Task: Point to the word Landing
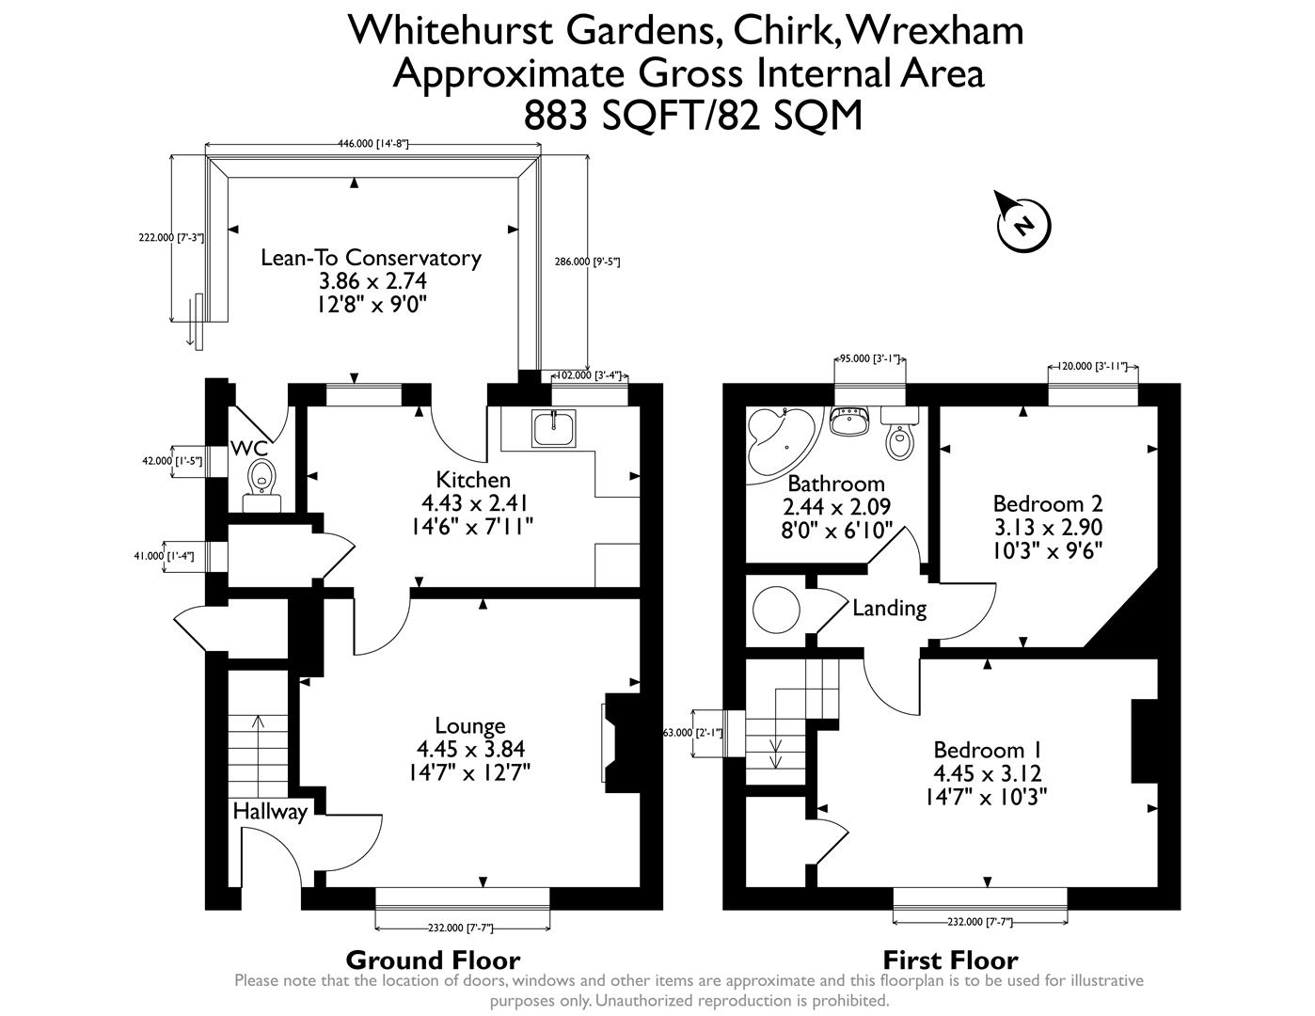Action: point(889,609)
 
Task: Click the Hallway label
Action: point(270,811)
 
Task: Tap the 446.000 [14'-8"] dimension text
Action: point(372,143)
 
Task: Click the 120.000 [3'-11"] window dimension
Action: point(1093,366)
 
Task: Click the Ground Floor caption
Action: point(433,960)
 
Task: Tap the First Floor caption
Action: point(950,960)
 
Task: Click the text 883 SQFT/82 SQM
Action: point(692,117)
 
